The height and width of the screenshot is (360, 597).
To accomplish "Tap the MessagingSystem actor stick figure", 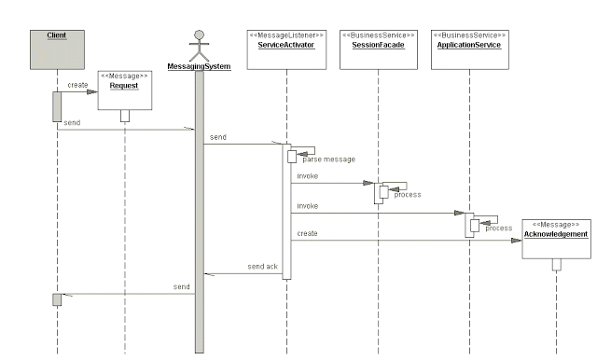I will (x=198, y=45).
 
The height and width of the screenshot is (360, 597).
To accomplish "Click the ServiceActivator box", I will (x=286, y=45).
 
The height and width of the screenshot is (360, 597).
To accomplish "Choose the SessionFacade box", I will (x=378, y=45).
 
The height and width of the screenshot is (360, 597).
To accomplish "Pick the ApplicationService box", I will (x=469, y=45).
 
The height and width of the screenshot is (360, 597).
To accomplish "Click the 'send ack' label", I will (x=262, y=267).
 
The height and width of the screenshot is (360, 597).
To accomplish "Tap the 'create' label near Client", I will (x=77, y=84).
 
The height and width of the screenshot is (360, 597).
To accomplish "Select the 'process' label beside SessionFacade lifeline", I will (x=407, y=195).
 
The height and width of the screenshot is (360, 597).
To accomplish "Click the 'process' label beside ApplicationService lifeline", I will (x=498, y=228).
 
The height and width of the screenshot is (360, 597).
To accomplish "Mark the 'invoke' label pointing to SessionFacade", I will (x=307, y=175).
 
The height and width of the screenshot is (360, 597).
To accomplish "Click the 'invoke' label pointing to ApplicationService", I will (x=307, y=205).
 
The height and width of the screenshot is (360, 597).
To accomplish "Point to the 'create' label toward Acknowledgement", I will (x=307, y=233).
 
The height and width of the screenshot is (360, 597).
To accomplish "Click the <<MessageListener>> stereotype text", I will (x=286, y=35).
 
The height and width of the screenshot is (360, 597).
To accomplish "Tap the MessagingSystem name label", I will (x=198, y=66).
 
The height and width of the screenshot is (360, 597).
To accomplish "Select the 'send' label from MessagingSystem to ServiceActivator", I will (x=217, y=137).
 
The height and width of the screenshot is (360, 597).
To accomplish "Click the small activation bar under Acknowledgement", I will (x=556, y=264).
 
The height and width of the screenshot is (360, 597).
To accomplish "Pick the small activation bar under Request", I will (x=124, y=115).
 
